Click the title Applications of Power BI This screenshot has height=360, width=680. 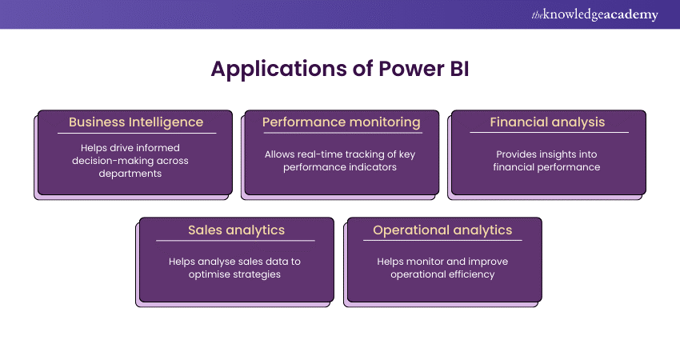[339, 69]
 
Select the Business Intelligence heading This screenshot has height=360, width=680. [135, 122]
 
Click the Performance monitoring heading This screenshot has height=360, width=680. [342, 122]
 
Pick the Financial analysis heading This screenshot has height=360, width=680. [547, 122]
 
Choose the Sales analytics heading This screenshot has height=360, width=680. [236, 230]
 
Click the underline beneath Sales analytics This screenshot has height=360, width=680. [236, 241]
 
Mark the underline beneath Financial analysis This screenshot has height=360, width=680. [547, 133]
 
